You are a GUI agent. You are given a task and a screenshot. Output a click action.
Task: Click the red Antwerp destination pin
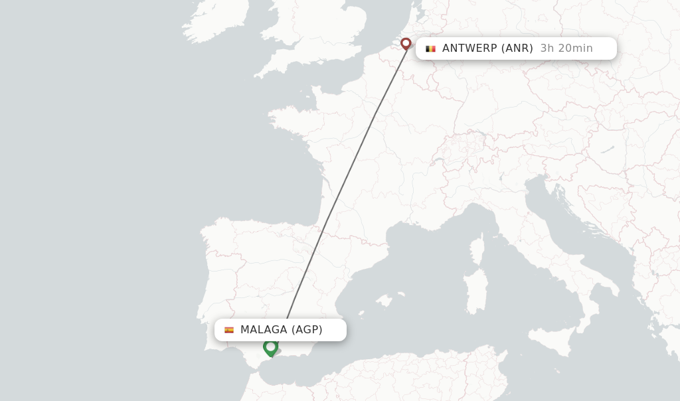[x=406, y=44]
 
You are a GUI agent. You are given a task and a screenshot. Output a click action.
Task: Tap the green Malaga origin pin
[x=270, y=347]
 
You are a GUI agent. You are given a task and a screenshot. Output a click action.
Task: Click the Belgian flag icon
[x=430, y=48]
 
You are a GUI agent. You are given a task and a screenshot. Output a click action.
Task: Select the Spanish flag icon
[x=229, y=330]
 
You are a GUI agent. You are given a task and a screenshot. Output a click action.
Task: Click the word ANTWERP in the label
[x=469, y=48]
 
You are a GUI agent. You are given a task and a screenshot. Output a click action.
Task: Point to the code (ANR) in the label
[x=517, y=48]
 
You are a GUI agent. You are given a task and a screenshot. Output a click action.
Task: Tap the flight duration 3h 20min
[x=566, y=48]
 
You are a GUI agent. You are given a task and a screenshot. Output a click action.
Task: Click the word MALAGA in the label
[x=264, y=330]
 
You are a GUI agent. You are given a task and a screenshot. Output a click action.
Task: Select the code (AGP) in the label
[x=307, y=330]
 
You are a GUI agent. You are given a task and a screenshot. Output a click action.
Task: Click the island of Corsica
[x=477, y=249]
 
